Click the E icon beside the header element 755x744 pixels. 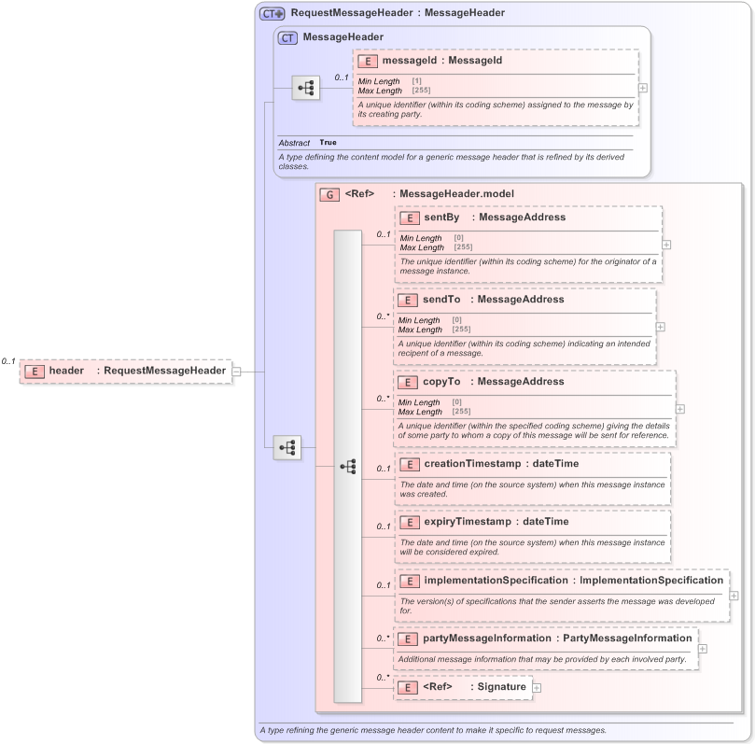[x=33, y=371]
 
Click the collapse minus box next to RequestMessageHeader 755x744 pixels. [x=237, y=371]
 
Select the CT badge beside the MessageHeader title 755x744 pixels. [x=288, y=37]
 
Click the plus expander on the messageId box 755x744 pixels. [x=643, y=88]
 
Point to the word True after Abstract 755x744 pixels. [x=328, y=143]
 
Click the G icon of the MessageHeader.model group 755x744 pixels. [x=329, y=194]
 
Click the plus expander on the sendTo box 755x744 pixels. [x=661, y=327]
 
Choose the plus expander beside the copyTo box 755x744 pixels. [x=680, y=409]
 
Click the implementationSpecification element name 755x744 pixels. [x=496, y=581]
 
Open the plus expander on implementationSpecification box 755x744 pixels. [x=734, y=596]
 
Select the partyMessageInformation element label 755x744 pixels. [x=486, y=639]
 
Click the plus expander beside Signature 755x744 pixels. [x=538, y=687]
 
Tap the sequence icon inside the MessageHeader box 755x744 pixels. [x=306, y=88]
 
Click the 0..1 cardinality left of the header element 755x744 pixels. [x=9, y=361]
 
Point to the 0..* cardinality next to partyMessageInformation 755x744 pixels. [x=383, y=639]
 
